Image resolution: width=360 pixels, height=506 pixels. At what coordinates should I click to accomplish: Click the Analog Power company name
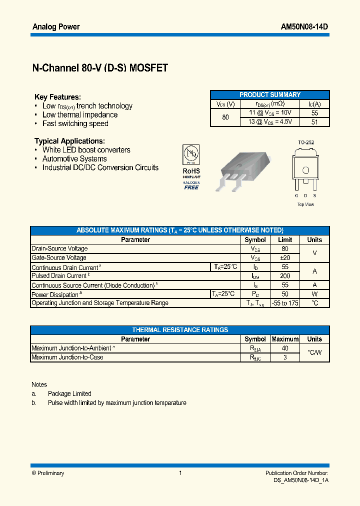pyautogui.click(x=56, y=27)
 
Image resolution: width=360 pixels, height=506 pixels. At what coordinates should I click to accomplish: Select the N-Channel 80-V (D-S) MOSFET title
pyautogui.click(x=100, y=69)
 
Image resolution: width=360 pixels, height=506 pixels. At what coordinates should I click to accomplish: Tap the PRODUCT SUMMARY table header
pyautogui.click(x=270, y=94)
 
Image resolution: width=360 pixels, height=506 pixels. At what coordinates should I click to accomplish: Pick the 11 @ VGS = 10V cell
pyautogui.click(x=269, y=112)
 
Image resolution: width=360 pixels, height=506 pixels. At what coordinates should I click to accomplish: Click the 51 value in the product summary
pyautogui.click(x=314, y=121)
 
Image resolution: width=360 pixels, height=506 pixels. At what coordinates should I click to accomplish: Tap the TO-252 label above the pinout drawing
pyautogui.click(x=306, y=142)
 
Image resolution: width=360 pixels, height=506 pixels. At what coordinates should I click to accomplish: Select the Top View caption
pyautogui.click(x=306, y=204)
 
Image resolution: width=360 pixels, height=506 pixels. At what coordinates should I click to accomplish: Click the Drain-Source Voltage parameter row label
pyautogui.click(x=59, y=248)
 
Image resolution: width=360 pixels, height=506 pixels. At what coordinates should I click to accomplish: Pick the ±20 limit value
pyautogui.click(x=285, y=257)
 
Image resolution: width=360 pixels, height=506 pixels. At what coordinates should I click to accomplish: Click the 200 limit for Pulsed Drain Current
pyautogui.click(x=285, y=276)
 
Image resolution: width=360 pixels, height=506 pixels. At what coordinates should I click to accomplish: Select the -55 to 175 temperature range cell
pyautogui.click(x=285, y=303)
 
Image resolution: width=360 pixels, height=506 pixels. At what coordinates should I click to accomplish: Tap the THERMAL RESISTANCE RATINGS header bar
pyautogui.click(x=180, y=330)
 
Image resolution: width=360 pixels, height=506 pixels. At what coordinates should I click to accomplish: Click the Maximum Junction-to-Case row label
pyautogui.click(x=67, y=357)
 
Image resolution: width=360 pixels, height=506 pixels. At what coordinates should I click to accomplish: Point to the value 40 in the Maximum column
pyautogui.click(x=285, y=348)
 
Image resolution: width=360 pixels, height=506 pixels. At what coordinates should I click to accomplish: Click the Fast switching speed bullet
pyautogui.click(x=75, y=123)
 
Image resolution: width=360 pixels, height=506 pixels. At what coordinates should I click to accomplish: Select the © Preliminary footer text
pyautogui.click(x=48, y=473)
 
